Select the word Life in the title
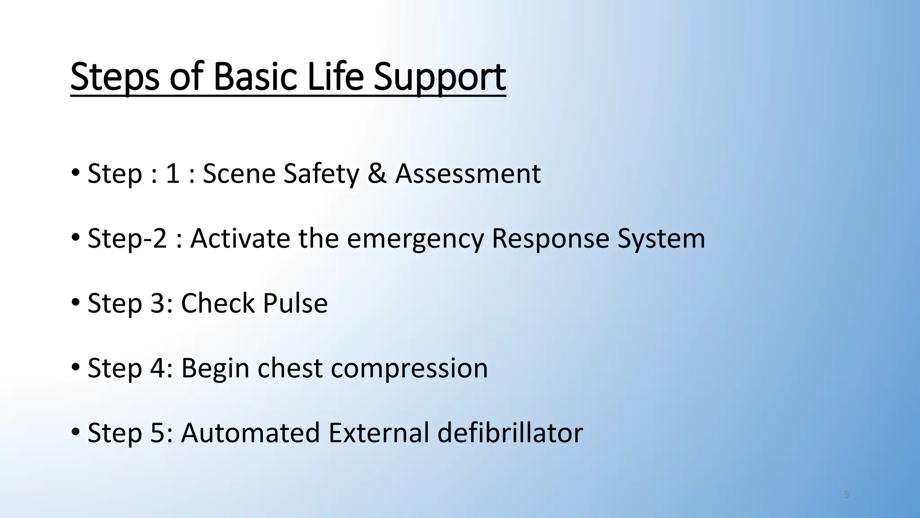pos(335,76)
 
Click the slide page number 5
pos(847,495)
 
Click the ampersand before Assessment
pos(377,174)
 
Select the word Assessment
pos(468,174)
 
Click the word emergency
pos(415,239)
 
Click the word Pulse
pos(295,303)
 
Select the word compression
pos(409,369)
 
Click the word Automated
pos(250,433)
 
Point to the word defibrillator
pos(510,433)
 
